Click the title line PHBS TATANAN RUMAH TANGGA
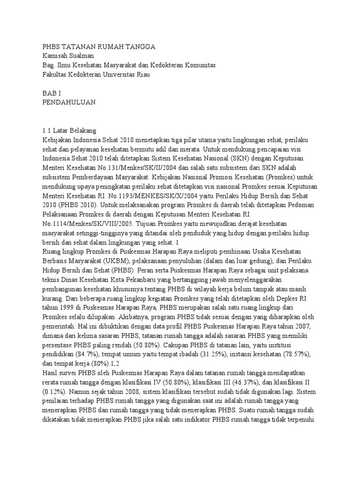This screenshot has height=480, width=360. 98,47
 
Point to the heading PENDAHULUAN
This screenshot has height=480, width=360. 69,102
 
